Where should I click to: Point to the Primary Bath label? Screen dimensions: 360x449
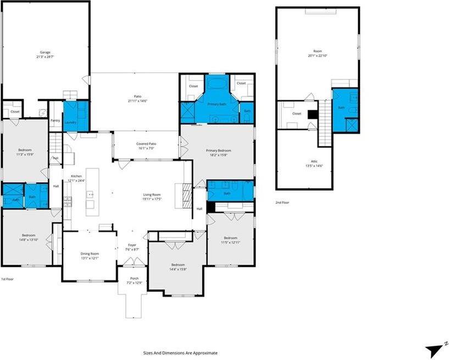[x=218, y=103]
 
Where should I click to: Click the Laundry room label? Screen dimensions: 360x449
[x=70, y=122]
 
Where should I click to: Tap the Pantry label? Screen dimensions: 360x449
[x=55, y=120]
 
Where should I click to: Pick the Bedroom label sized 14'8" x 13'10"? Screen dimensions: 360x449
[x=28, y=237]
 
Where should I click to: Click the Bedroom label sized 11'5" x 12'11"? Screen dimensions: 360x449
[x=230, y=240]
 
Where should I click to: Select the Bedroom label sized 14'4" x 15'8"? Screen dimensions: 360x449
[x=177, y=267]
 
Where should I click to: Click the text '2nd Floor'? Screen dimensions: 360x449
[x=283, y=202]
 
